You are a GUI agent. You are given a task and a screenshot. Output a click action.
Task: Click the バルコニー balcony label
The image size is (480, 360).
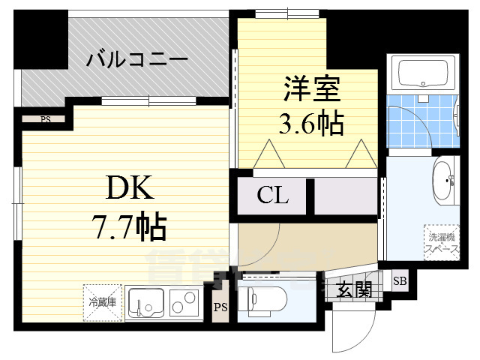(136, 58)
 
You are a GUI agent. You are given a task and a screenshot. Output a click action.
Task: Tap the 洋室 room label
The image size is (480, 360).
(312, 90)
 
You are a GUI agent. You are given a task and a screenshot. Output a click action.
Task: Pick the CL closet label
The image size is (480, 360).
(273, 196)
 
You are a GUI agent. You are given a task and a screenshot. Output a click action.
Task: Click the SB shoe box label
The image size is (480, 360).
(399, 281)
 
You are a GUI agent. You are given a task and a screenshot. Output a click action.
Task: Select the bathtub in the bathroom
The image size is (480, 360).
(423, 73)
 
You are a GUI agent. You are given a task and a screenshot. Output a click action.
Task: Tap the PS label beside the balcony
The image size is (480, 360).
(46, 118)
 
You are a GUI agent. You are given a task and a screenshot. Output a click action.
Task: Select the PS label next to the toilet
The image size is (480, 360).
(220, 307)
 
